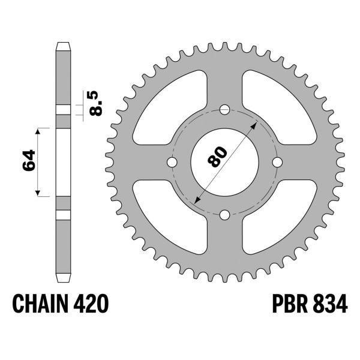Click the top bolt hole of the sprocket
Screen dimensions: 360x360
(x=225, y=110)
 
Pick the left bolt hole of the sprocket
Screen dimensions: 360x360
(x=172, y=163)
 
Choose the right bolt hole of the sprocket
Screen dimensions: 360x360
(x=277, y=163)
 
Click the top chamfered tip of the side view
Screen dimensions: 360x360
(x=63, y=45)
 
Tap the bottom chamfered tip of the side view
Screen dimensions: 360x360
(x=63, y=278)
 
